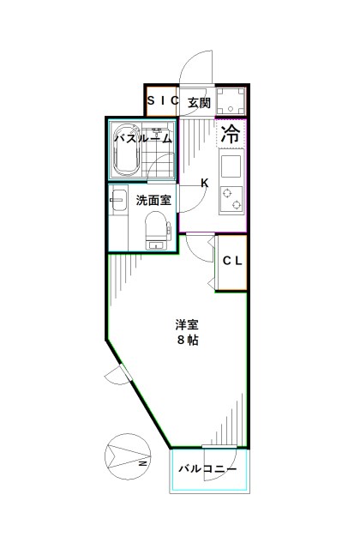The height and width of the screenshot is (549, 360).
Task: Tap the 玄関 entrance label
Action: [x=198, y=102]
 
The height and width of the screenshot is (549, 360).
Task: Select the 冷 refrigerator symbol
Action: [x=231, y=134]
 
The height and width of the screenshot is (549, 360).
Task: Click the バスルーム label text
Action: [x=143, y=137]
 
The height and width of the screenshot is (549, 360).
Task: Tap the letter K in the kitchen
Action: [x=204, y=182]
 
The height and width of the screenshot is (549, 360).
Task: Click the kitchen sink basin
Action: [x=231, y=164]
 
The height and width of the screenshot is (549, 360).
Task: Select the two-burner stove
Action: [x=231, y=200]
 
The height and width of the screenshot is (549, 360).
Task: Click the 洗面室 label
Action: [x=153, y=201]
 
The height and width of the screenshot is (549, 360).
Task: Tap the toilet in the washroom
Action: [x=156, y=229]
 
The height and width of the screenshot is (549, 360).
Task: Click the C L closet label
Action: [x=231, y=262]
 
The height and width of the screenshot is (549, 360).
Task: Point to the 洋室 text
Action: [x=188, y=324]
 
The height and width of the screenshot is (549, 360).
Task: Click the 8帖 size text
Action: [x=188, y=340]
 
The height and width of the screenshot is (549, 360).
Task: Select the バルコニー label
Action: [x=208, y=469]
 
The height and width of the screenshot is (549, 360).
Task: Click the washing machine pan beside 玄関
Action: [x=231, y=101]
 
